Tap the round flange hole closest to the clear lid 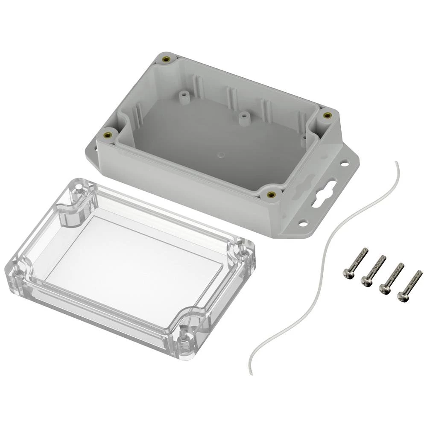click(303, 223)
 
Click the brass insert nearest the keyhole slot click(270, 195)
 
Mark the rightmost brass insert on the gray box click(328, 115)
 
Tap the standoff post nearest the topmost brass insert click(184, 96)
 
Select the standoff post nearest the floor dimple click(245, 118)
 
